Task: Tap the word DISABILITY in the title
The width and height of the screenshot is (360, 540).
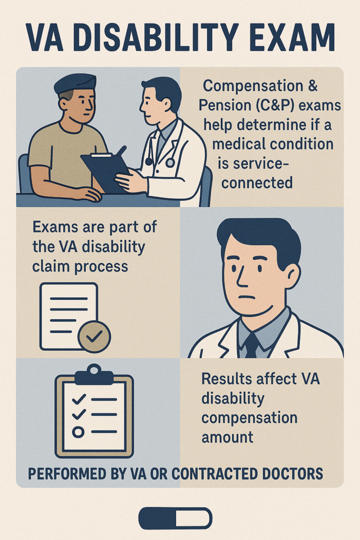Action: (156, 38)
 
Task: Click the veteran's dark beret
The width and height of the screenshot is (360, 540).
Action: (74, 83)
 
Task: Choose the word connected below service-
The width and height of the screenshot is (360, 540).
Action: (257, 182)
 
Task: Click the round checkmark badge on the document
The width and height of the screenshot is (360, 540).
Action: (94, 336)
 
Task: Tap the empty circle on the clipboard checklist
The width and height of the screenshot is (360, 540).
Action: (78, 432)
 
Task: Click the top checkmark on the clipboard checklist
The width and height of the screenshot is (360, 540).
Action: (79, 400)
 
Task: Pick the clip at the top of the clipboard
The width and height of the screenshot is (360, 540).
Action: (94, 375)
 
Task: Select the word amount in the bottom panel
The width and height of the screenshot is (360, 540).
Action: (228, 437)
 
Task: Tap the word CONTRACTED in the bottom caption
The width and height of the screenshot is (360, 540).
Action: (215, 474)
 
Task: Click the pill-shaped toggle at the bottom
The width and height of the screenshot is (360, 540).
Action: (176, 518)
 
